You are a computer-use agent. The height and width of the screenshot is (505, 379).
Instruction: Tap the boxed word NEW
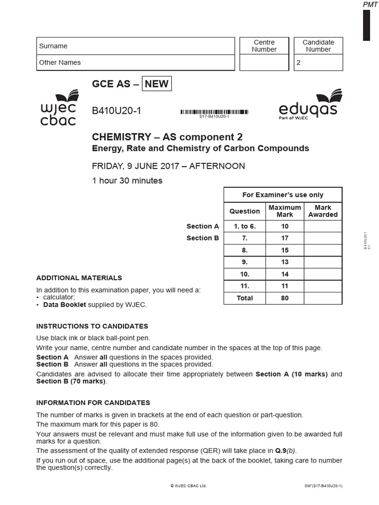(156, 84)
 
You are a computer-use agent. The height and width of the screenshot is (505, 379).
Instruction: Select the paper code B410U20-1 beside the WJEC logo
(116, 111)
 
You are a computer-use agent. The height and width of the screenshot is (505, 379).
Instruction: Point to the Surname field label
(53, 46)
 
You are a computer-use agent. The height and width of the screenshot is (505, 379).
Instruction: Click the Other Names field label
(60, 63)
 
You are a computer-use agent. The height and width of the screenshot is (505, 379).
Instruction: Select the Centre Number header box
(264, 46)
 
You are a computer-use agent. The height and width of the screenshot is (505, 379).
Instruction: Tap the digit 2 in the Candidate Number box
(298, 63)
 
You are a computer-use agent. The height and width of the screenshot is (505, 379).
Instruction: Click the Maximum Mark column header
(284, 211)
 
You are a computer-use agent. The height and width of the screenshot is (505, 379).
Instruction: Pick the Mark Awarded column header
(323, 211)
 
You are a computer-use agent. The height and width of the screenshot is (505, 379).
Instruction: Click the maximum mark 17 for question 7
(284, 238)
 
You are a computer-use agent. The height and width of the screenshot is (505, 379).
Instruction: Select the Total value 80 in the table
(284, 298)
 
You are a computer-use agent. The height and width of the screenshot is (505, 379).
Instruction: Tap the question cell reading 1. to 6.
(245, 226)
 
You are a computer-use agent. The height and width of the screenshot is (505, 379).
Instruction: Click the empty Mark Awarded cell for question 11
(323, 286)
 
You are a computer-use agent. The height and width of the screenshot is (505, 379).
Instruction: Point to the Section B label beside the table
(202, 238)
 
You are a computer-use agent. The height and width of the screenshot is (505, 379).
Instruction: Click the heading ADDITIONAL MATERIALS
(79, 278)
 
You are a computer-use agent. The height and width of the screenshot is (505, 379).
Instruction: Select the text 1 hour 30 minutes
(127, 180)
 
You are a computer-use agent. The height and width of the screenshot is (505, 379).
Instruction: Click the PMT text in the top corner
(370, 4)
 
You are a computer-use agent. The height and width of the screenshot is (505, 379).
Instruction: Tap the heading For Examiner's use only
(283, 195)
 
